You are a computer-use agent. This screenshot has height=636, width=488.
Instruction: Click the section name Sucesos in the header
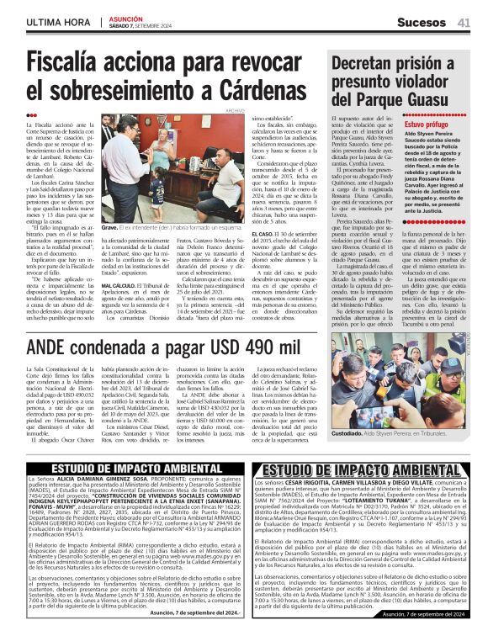pos(422,21)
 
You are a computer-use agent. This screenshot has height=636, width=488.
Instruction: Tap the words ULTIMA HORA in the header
pos(61,21)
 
